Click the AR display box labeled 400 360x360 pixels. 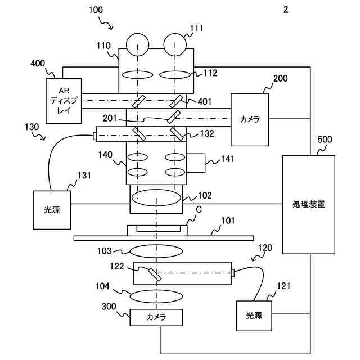[x=64, y=101]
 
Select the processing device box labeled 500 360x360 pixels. [x=309, y=204]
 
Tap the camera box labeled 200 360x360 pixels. [x=250, y=119]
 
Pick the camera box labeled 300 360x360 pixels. [x=156, y=317]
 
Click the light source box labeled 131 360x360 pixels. [x=52, y=210]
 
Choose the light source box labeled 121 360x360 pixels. [x=254, y=316]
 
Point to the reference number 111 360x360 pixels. [x=196, y=29]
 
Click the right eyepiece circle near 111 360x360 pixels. [x=175, y=44]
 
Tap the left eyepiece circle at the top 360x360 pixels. [x=137, y=44]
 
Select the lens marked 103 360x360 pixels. [x=156, y=251]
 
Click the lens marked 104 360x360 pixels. [x=156, y=296]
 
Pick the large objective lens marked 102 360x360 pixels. [x=156, y=197]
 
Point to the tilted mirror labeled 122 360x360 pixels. [x=155, y=274]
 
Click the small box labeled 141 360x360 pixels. [x=196, y=163]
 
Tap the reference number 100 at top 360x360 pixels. [x=96, y=10]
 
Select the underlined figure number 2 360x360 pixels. [x=286, y=10]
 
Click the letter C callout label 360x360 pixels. [x=199, y=209]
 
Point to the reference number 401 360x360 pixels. [x=205, y=101]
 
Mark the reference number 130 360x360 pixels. [x=32, y=127]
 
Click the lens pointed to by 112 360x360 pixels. [x=175, y=75]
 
